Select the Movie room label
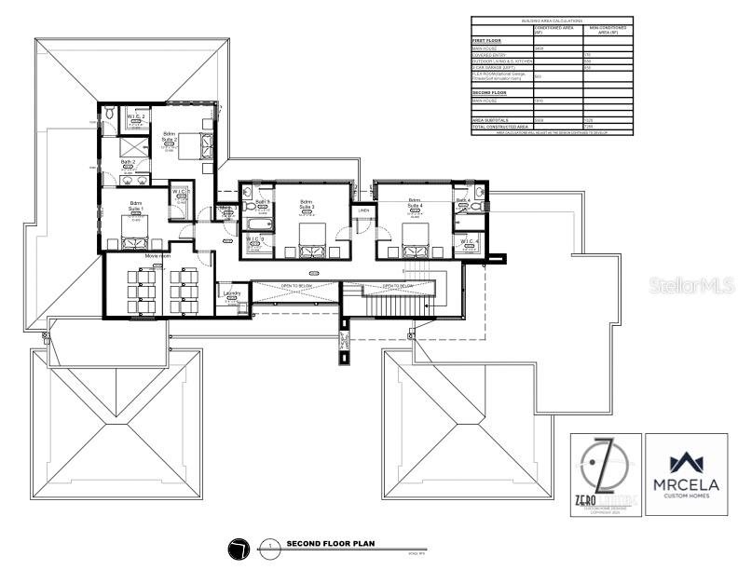[x=157, y=255]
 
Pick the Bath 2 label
[x=129, y=162]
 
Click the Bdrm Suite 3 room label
[x=307, y=204]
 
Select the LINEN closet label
[x=363, y=211]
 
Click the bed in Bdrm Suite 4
[x=415, y=237]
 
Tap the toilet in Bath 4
[x=476, y=205]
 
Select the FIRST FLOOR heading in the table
[x=486, y=41]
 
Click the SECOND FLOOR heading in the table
[x=490, y=93]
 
